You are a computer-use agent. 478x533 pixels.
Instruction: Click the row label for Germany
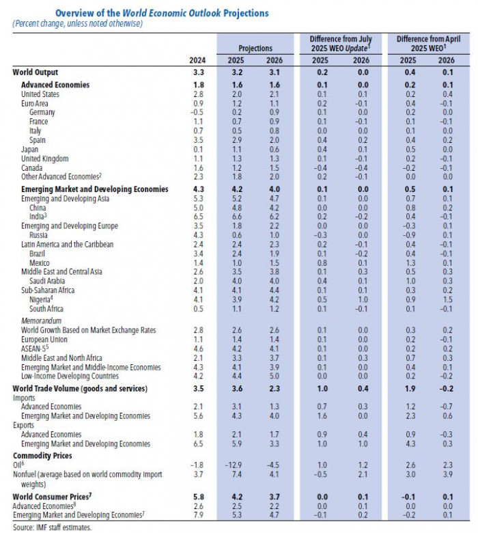click(42, 112)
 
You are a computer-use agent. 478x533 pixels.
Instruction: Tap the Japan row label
click(30, 149)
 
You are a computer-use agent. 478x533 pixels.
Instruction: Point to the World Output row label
click(36, 72)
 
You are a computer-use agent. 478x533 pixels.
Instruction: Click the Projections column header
click(255, 49)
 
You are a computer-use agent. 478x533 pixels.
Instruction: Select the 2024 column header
click(197, 59)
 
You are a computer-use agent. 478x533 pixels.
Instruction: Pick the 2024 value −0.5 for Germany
click(197, 112)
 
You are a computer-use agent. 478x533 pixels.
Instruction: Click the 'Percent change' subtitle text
click(75, 24)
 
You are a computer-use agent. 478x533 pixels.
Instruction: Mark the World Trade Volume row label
click(80, 389)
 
